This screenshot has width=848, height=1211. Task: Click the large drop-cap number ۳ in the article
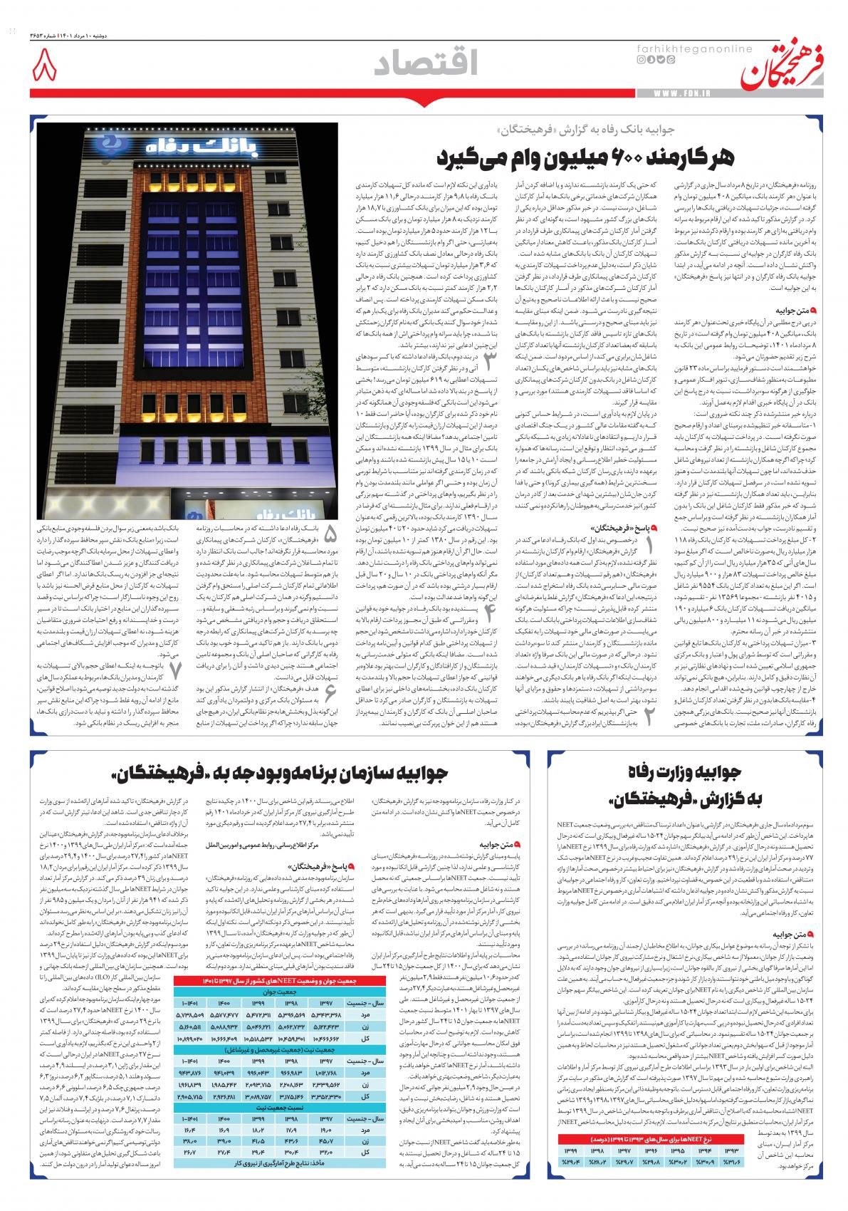tap(490, 361)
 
